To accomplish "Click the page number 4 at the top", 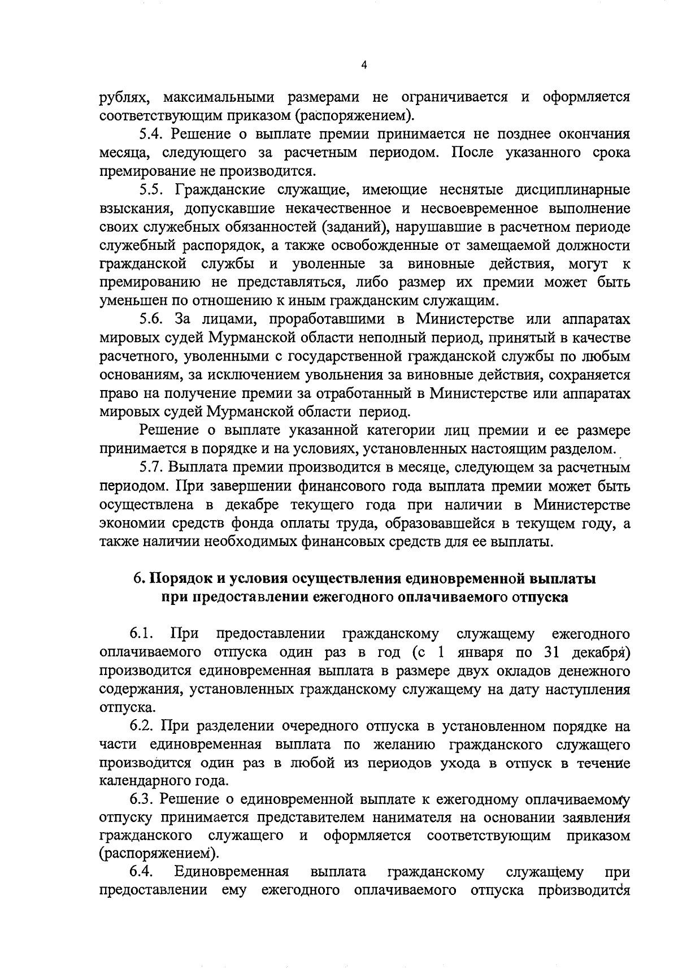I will [364, 66].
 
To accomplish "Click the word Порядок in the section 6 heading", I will [178, 579].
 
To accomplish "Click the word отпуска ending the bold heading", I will [540, 598].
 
